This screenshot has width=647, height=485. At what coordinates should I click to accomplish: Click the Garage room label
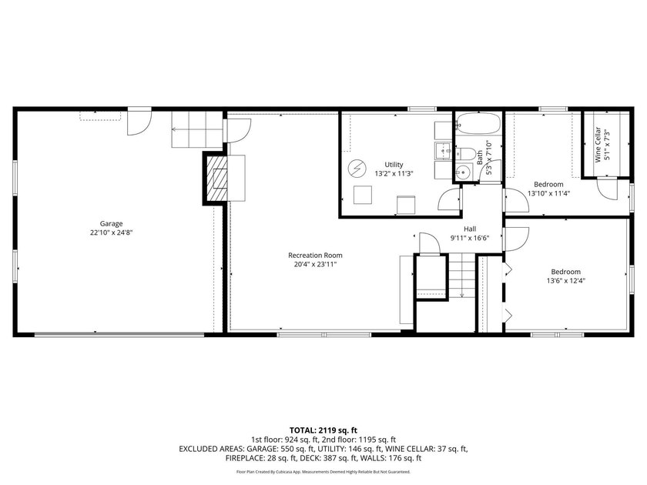[x=111, y=223]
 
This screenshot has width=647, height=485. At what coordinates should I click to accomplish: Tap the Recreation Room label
[x=315, y=256]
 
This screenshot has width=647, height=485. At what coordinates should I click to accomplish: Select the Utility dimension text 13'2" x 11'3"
[x=394, y=174]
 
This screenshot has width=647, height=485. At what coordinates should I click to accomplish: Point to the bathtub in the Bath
[x=478, y=123]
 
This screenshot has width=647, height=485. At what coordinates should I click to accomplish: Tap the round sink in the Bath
[x=464, y=170]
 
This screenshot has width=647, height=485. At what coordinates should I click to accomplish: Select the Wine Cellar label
[x=598, y=145]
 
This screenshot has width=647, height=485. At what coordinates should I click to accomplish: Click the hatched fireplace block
[x=216, y=178]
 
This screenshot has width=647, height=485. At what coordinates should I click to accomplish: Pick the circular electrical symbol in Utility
[x=357, y=169]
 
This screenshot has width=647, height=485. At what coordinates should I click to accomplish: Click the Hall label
[x=470, y=229]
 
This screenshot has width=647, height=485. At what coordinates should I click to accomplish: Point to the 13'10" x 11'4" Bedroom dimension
[x=548, y=193]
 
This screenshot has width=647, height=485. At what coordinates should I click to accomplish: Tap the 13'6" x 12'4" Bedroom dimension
[x=565, y=281]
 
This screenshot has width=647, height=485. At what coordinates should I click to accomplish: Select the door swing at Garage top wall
[x=139, y=122]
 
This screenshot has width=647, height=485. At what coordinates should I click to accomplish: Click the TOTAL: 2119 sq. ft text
[x=323, y=430]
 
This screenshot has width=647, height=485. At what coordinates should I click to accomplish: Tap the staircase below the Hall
[x=461, y=275]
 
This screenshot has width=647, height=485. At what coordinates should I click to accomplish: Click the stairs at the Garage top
[x=196, y=129]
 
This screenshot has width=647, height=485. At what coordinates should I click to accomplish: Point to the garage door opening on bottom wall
[x=119, y=334]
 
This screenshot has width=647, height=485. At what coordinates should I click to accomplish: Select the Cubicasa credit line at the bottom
[x=323, y=471]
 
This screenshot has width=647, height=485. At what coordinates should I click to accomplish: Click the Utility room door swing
[x=449, y=199]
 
